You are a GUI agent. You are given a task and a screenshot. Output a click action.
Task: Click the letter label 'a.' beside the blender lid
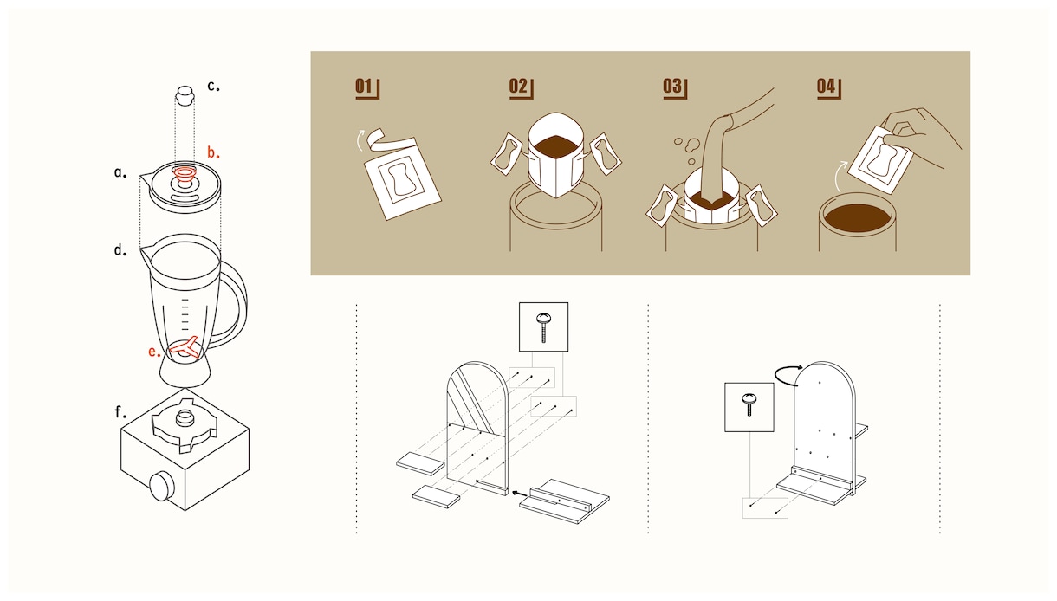120,172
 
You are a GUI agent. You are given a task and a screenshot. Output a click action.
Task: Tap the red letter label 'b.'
213,152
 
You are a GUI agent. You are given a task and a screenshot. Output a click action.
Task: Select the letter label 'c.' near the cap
213,86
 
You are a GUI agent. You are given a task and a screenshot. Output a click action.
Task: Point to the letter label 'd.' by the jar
120,249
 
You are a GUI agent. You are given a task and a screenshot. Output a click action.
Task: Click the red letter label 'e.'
154,352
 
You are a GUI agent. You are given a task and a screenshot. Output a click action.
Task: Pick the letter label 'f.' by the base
120,412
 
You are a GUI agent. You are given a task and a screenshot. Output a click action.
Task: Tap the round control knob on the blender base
161,486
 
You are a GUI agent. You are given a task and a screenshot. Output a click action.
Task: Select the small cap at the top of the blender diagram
185,96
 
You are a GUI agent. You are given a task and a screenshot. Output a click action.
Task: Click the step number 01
363,87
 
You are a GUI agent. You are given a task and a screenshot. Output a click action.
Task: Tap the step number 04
826,87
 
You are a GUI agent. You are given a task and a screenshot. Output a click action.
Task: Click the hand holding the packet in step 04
920,135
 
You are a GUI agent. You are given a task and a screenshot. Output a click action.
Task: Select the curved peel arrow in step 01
360,139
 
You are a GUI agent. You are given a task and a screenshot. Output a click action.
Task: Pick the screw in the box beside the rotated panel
749,404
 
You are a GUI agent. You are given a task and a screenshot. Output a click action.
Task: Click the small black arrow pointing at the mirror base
520,494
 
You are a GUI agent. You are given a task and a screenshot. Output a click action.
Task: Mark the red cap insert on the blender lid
185,176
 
